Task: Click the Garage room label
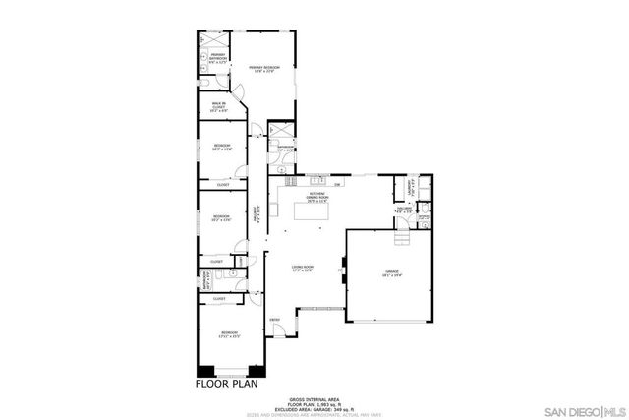pyautogui.click(x=392, y=276)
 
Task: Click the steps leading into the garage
pyautogui.click(x=402, y=240)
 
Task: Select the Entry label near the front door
pyautogui.click(x=275, y=321)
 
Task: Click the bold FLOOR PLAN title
pyautogui.click(x=226, y=384)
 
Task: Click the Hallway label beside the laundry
pyautogui.click(x=405, y=209)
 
